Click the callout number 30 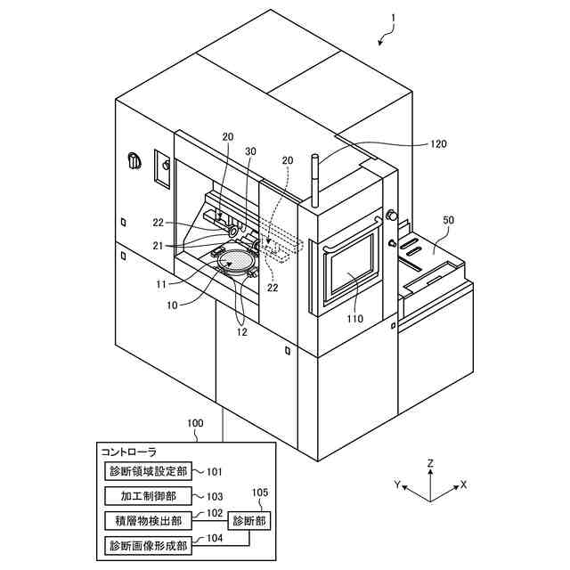[x=251, y=152]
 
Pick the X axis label [x=463, y=485]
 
